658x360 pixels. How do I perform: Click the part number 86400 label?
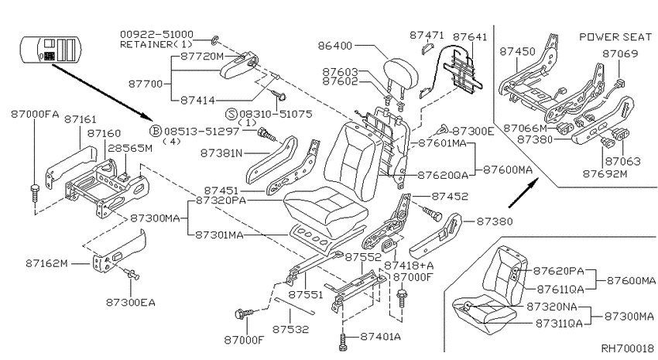pyautogui.click(x=335, y=46)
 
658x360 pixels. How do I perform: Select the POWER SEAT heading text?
pyautogui.click(x=615, y=37)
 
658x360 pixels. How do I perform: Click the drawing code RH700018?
pyautogui.click(x=628, y=348)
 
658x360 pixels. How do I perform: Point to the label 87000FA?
pyautogui.click(x=35, y=114)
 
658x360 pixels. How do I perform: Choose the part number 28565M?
pyautogui.click(x=130, y=148)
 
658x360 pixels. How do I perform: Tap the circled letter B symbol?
pyautogui.click(x=156, y=131)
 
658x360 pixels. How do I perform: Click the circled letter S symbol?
pyautogui.click(x=231, y=114)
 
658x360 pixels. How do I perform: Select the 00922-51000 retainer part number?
pyautogui.click(x=156, y=34)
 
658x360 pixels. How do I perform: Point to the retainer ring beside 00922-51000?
pyautogui.click(x=214, y=40)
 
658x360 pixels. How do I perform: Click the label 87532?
pyautogui.click(x=290, y=329)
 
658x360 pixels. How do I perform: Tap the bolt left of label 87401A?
pyautogui.click(x=343, y=341)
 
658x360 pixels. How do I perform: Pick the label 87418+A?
pyautogui.click(x=409, y=266)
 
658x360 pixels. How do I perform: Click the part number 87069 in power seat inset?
pyautogui.click(x=620, y=53)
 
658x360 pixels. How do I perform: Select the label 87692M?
pyautogui.click(x=605, y=173)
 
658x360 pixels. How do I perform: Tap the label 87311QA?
pyautogui.click(x=560, y=323)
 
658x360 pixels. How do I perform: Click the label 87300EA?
pyautogui.click(x=131, y=302)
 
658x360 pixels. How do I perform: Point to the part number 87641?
pyautogui.click(x=470, y=37)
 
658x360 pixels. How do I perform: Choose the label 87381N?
pyautogui.click(x=221, y=153)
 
